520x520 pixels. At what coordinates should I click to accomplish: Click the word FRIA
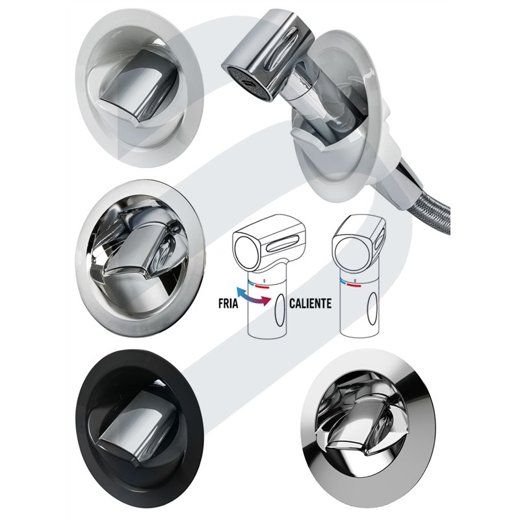[x=229, y=304]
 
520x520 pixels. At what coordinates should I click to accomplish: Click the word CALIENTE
[x=311, y=304]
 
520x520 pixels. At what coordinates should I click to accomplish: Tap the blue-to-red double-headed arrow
[x=253, y=296]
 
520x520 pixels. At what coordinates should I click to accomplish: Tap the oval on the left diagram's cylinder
[x=280, y=311]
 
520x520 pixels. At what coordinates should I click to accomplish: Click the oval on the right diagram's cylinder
[x=372, y=309]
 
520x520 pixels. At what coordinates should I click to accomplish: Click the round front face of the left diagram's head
[x=246, y=253]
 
